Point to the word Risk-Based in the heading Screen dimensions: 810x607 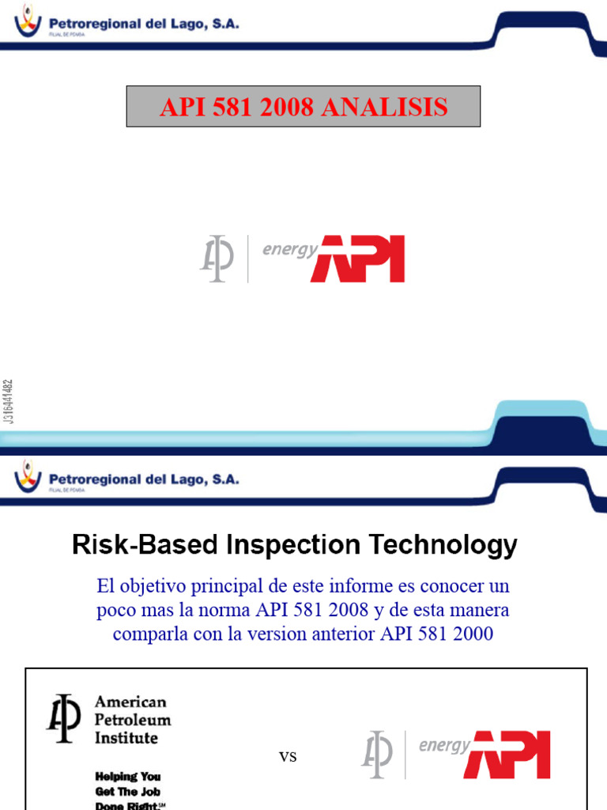pos(139,545)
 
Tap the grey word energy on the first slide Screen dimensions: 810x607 pos(289,249)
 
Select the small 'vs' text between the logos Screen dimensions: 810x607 pos(288,757)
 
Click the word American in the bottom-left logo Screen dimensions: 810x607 pos(131,702)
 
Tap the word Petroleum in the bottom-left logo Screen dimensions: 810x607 pos(133,720)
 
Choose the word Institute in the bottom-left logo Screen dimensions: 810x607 pos(126,738)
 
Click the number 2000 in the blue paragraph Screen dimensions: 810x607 pos(472,634)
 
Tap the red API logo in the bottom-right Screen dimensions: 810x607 pos(507,755)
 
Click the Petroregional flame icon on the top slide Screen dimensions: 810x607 pos(28,19)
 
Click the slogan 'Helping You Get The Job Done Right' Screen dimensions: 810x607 pos(130,791)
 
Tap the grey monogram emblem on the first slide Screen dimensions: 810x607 pos(216,259)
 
